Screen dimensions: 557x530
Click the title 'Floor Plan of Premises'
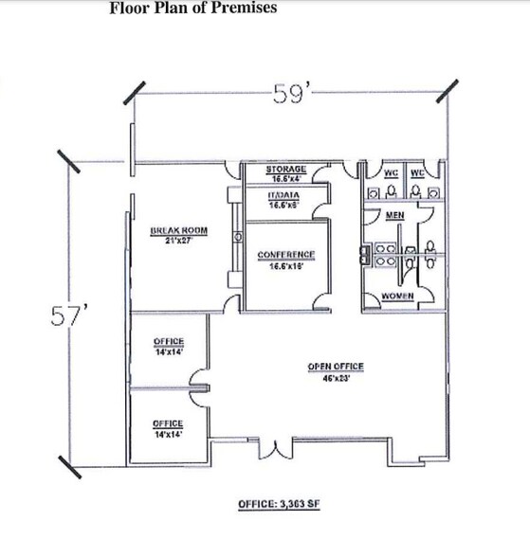[x=192, y=9]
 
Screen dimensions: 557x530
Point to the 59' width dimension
[x=287, y=95]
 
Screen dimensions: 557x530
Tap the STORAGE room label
[x=285, y=168]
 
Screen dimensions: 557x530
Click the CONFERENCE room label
[x=285, y=255]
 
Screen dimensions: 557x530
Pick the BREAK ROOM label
[x=178, y=230]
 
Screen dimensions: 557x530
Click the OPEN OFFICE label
[x=335, y=367]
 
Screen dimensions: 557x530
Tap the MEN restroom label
[x=395, y=216]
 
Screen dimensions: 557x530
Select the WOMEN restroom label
[x=396, y=297]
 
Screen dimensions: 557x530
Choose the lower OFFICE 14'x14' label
[x=167, y=423]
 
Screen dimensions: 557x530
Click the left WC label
[x=392, y=172]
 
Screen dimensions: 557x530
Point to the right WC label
[x=417, y=172]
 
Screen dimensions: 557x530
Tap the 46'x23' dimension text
[x=335, y=376]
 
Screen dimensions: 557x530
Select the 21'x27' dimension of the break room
[x=178, y=241]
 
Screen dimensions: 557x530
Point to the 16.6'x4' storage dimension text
[x=285, y=177]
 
